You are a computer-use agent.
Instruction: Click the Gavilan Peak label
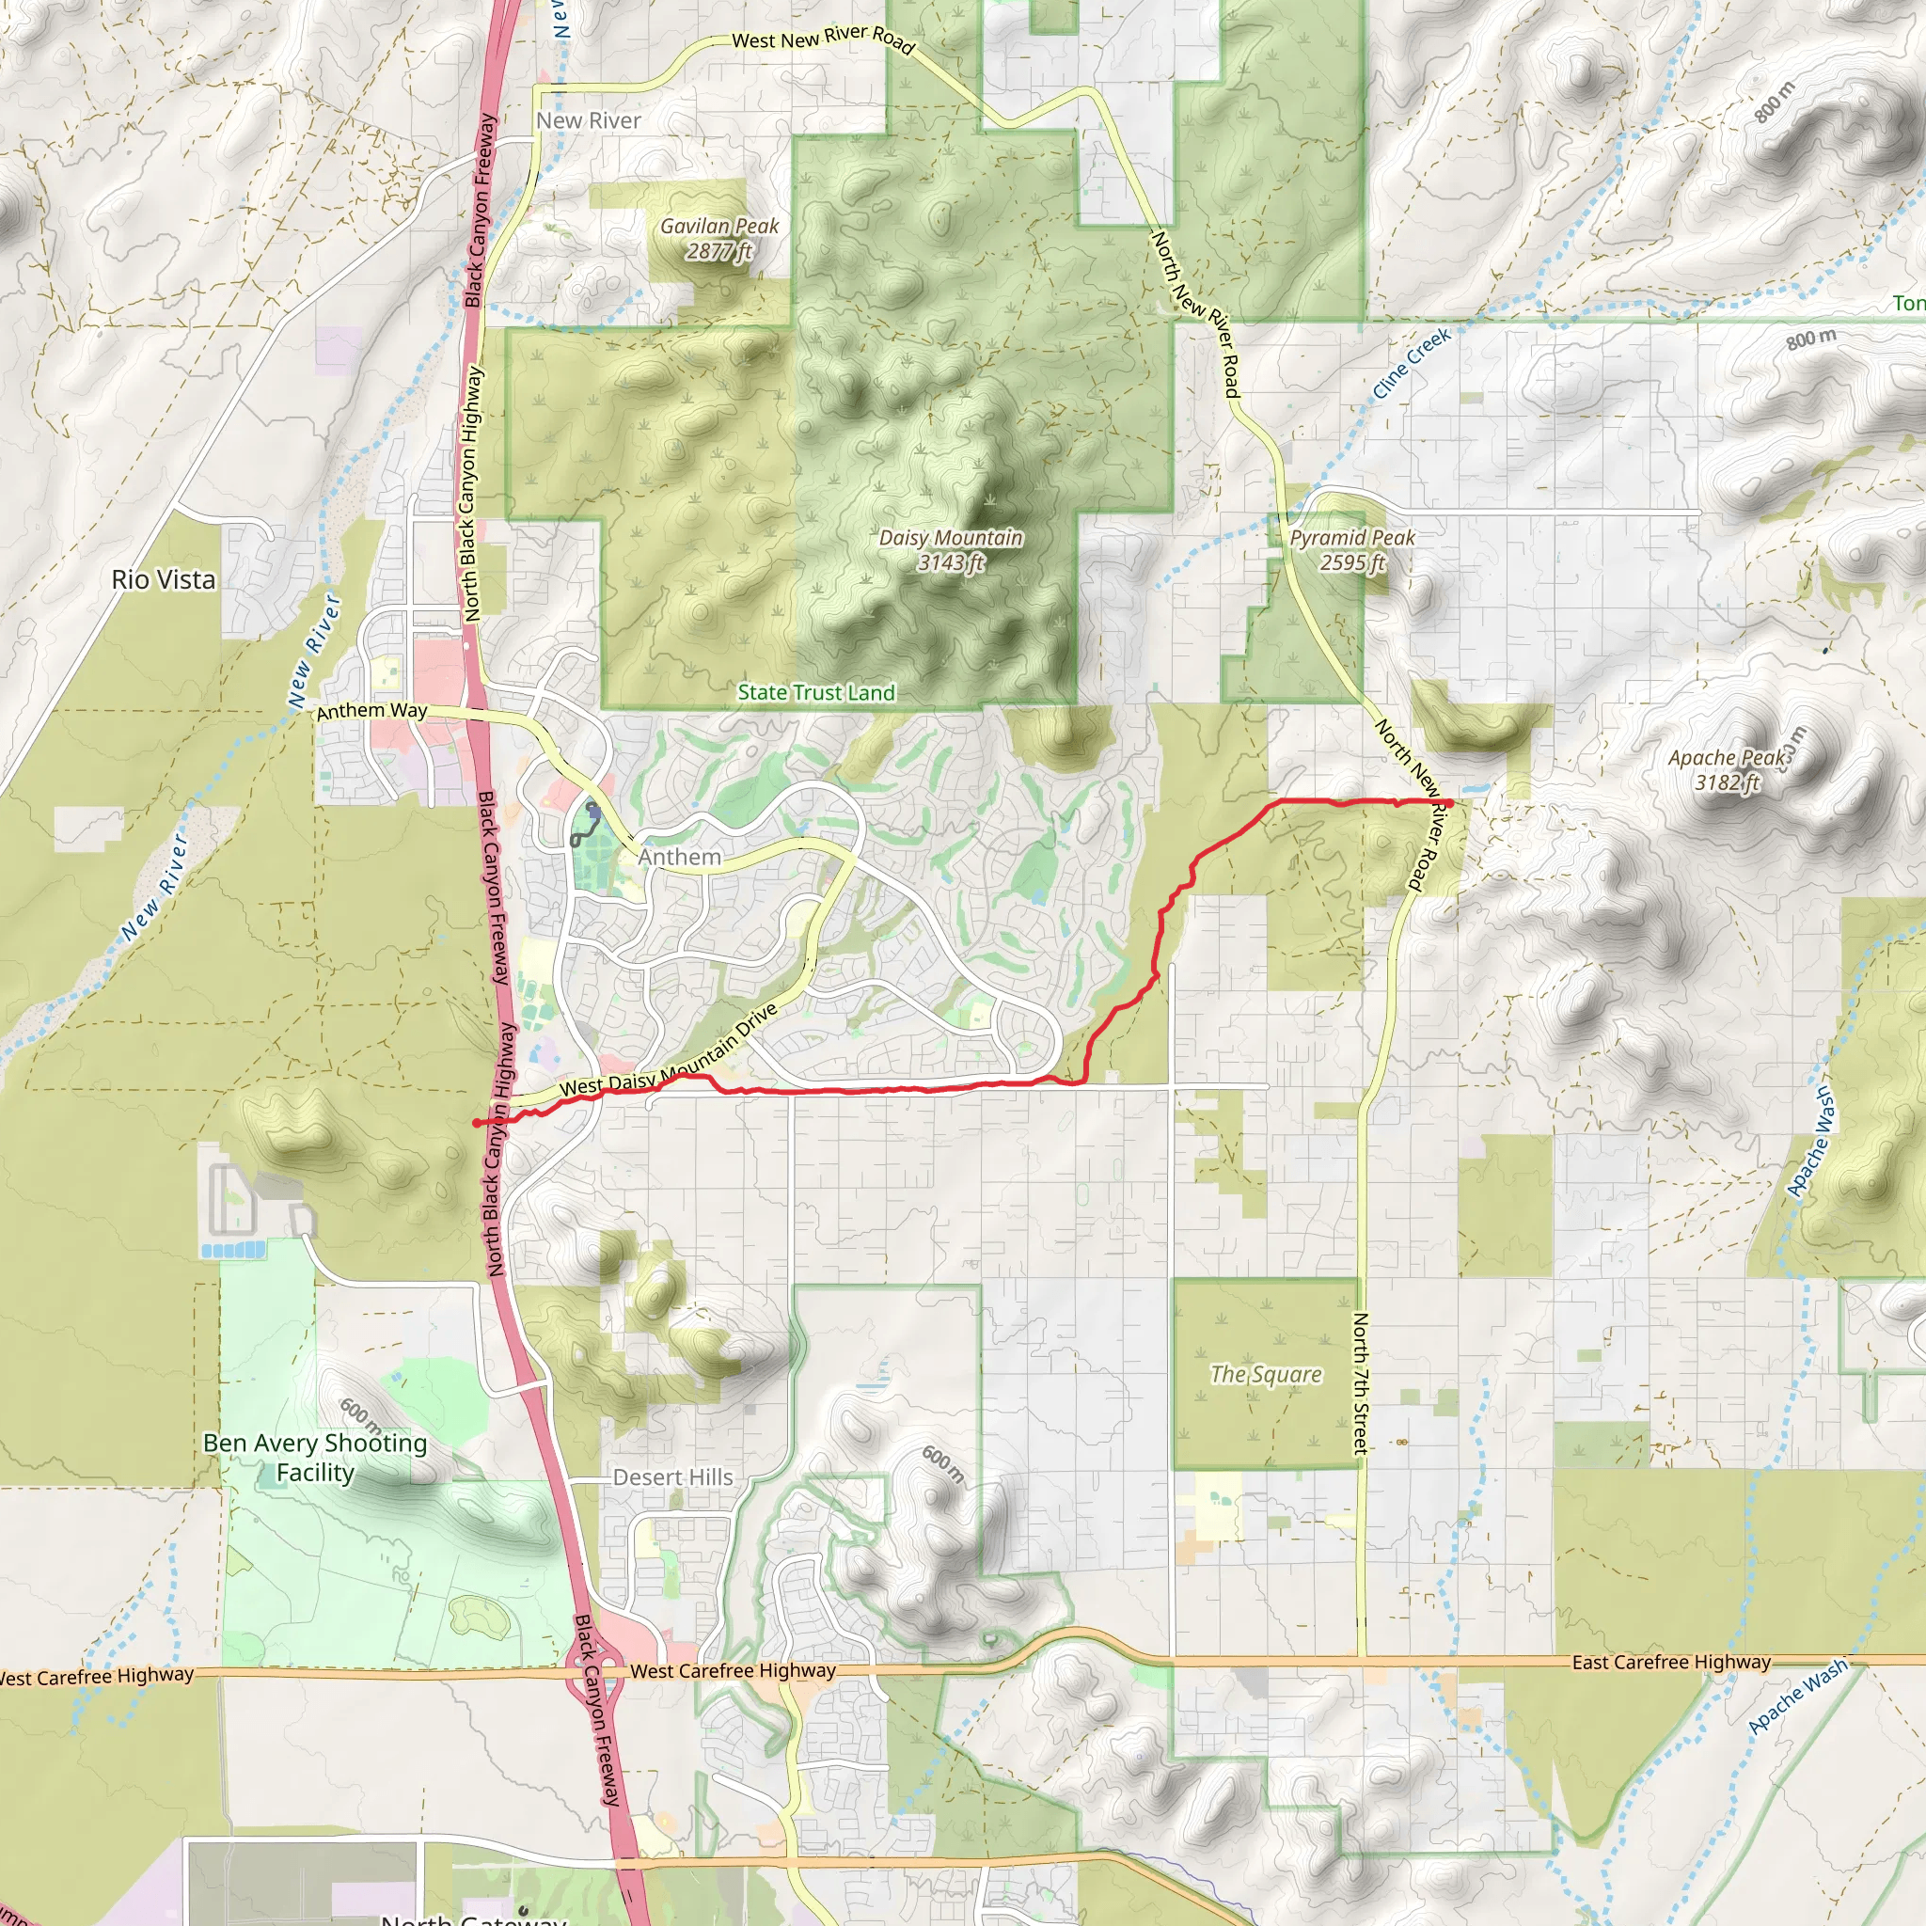(719, 239)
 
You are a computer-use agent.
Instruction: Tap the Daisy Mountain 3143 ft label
(951, 550)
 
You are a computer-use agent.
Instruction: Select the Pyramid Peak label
(1351, 550)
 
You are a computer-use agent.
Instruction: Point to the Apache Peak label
(1729, 769)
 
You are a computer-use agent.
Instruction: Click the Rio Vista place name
(164, 579)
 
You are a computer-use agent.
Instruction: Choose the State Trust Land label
(815, 693)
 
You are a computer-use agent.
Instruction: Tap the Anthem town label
(680, 858)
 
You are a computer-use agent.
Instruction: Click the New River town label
(588, 120)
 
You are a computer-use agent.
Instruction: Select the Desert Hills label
(673, 1477)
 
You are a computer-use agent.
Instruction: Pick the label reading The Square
(1266, 1375)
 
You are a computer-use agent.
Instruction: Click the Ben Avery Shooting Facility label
(315, 1458)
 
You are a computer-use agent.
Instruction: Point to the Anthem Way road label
(371, 711)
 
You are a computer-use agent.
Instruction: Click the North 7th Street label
(1361, 1383)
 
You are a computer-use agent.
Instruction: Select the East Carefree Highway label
(1671, 1662)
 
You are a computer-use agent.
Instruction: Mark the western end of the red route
(477, 1124)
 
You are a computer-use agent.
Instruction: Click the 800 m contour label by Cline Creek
(1810, 339)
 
